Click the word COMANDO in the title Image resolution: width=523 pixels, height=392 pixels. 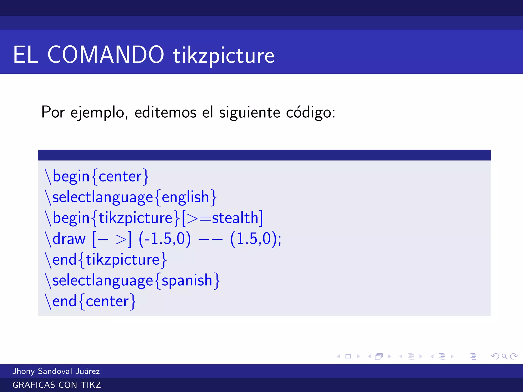[x=105, y=55]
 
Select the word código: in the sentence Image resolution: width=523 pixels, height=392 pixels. [x=310, y=112]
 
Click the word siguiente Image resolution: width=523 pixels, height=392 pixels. [x=249, y=112]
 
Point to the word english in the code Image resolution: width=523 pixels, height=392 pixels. [x=185, y=197]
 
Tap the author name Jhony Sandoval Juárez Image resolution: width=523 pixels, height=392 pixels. [x=56, y=371]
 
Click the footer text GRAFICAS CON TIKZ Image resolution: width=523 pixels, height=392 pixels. [x=57, y=385]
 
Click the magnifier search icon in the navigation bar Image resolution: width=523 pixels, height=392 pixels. [x=504, y=357]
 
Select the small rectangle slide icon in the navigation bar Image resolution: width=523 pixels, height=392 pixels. [x=348, y=357]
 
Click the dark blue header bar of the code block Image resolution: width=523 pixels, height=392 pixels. [x=264, y=155]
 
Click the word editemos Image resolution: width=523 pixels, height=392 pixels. [x=165, y=112]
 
